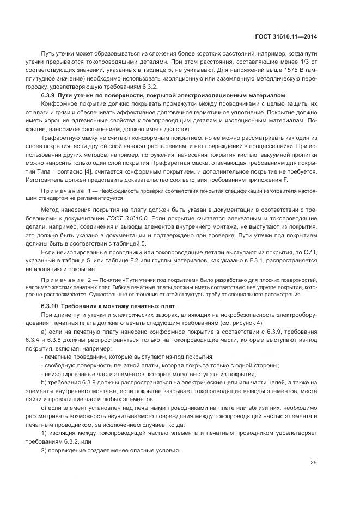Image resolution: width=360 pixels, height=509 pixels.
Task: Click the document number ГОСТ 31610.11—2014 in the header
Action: point(286,37)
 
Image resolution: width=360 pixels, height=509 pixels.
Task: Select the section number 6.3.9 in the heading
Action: point(50,95)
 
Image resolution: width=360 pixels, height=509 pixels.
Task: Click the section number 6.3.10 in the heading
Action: point(51,306)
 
